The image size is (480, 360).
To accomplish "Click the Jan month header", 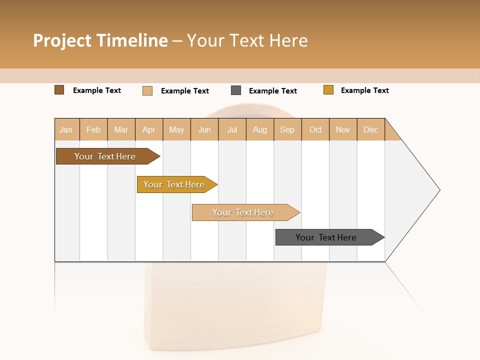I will [x=66, y=129].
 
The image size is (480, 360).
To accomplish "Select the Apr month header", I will [x=149, y=129].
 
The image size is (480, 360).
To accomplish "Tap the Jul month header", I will [x=232, y=129].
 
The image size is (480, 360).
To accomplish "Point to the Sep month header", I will [x=287, y=129].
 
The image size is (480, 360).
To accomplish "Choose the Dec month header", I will [x=370, y=129].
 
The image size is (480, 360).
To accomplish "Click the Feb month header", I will [x=93, y=129].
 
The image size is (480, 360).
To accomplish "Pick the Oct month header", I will [x=315, y=129].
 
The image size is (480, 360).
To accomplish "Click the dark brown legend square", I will [x=59, y=90].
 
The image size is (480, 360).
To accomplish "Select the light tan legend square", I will [x=147, y=90].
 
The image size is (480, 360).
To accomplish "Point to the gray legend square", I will [x=236, y=90].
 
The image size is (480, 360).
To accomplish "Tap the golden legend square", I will [x=328, y=90].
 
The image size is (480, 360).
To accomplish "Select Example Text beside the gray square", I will [x=272, y=90].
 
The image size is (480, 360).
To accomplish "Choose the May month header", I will [x=176, y=129].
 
